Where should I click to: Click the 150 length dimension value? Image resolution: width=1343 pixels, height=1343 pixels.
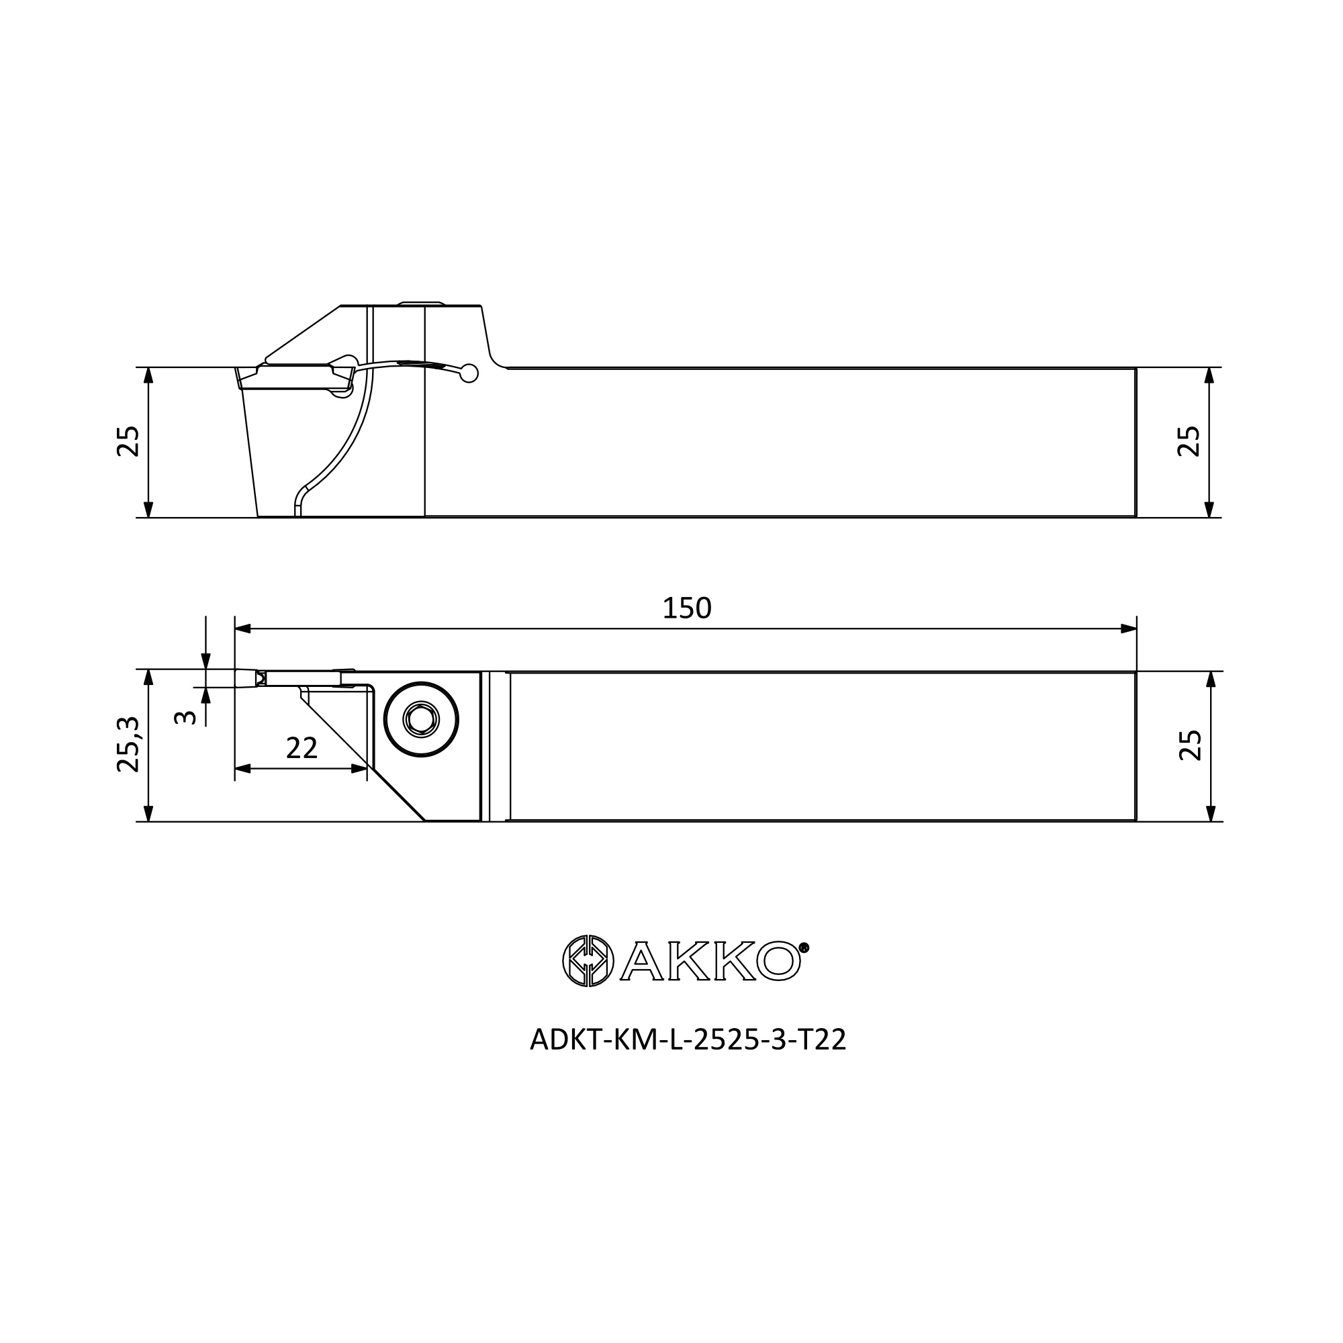(x=687, y=608)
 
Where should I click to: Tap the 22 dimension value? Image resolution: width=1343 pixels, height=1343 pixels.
(x=302, y=748)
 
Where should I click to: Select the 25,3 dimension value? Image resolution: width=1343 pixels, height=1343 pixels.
(x=129, y=745)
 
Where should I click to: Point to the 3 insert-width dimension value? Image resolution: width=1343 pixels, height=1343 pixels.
(x=185, y=716)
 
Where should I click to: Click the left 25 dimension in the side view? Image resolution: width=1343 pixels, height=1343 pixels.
(x=129, y=441)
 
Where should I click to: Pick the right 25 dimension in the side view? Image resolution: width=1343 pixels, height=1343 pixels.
(x=1189, y=441)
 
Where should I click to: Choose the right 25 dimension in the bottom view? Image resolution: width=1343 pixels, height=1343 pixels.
(x=1190, y=745)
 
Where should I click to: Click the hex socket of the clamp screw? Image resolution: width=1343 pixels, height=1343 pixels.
(x=420, y=719)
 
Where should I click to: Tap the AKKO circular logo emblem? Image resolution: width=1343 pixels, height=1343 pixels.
(x=588, y=961)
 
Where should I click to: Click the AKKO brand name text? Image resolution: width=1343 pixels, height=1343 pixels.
(x=710, y=961)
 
